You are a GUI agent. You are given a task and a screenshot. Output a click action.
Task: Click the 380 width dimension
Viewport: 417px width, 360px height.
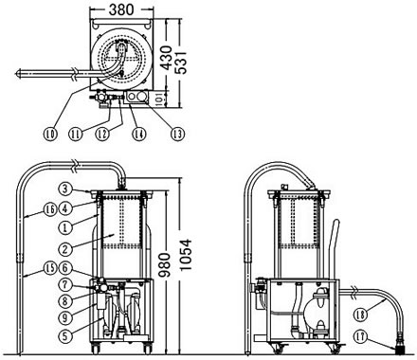coord(121,9)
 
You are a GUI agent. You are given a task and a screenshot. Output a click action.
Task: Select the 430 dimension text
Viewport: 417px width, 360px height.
coord(166,58)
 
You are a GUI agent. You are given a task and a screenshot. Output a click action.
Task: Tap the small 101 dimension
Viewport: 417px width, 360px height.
coord(159,99)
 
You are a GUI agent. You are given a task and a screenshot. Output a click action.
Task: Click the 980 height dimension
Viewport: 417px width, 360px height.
coord(164,265)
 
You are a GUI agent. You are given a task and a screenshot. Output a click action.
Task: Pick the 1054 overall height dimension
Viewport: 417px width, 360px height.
coord(186,255)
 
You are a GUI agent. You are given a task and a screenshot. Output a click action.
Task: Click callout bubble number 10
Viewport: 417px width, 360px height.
coord(50,135)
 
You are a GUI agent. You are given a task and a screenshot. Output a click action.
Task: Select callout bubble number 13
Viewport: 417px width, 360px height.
coord(178,135)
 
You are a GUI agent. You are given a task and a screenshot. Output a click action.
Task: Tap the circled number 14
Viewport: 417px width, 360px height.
coord(139,135)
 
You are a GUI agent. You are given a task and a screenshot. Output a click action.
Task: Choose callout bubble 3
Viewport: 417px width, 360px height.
coord(65,189)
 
